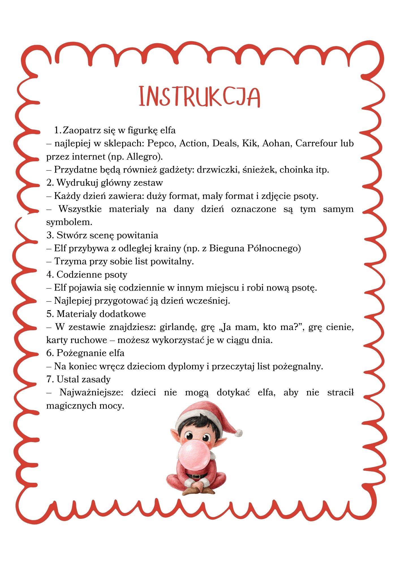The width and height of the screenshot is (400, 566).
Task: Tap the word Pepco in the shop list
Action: [x=160, y=143]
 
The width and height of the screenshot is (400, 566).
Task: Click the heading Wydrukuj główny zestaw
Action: [x=109, y=183]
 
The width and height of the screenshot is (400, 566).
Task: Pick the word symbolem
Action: [x=69, y=222]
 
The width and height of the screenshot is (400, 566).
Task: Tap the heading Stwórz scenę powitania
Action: [x=107, y=235]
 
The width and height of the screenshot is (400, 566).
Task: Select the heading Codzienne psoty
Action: [x=92, y=274]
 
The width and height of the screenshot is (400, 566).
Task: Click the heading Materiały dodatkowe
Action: [x=101, y=314]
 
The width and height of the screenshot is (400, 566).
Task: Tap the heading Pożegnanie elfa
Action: [x=90, y=353]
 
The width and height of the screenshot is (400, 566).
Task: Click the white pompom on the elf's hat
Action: [x=238, y=433]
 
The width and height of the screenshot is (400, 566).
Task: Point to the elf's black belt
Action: [x=199, y=476]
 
